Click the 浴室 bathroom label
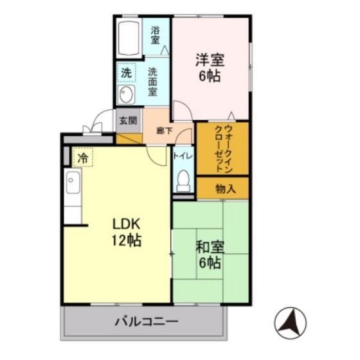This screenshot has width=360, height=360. click(156, 34)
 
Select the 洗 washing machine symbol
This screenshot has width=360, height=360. click(126, 73)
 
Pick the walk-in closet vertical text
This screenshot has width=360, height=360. click(221, 147)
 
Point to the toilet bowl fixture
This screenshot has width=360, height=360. click(183, 180)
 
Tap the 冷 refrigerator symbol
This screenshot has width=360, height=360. click(83, 157)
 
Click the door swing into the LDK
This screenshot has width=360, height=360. click(156, 154)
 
